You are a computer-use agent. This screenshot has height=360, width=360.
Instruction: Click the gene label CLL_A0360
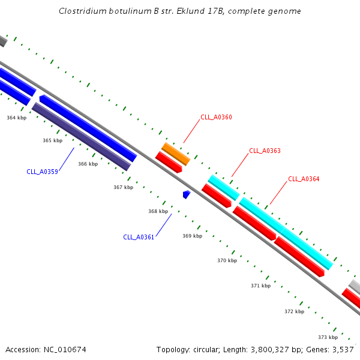[216, 117]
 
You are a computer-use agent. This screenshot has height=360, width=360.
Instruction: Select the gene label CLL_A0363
[265, 151]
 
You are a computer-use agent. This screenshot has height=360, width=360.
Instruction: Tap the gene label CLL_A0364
[304, 179]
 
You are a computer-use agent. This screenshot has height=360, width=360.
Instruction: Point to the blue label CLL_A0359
[42, 172]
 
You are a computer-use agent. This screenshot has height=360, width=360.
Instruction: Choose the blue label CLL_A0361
[139, 237]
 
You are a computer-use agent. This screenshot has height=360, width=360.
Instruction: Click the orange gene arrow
[176, 154]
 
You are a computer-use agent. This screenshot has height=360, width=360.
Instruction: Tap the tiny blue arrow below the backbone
[187, 194]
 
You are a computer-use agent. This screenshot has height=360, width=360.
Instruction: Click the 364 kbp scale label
[17, 118]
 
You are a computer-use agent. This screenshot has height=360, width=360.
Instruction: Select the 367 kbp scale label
[124, 187]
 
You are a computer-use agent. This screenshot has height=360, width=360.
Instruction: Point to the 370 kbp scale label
[227, 260]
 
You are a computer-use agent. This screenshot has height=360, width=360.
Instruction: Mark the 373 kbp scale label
[328, 337]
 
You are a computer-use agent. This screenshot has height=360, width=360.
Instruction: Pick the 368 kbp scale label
[158, 211]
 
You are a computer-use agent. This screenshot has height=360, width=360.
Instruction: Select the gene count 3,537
[344, 349]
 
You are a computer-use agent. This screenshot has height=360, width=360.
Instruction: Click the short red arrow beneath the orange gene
[169, 162]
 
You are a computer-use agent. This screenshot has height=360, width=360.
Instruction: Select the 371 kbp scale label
[260, 286]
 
